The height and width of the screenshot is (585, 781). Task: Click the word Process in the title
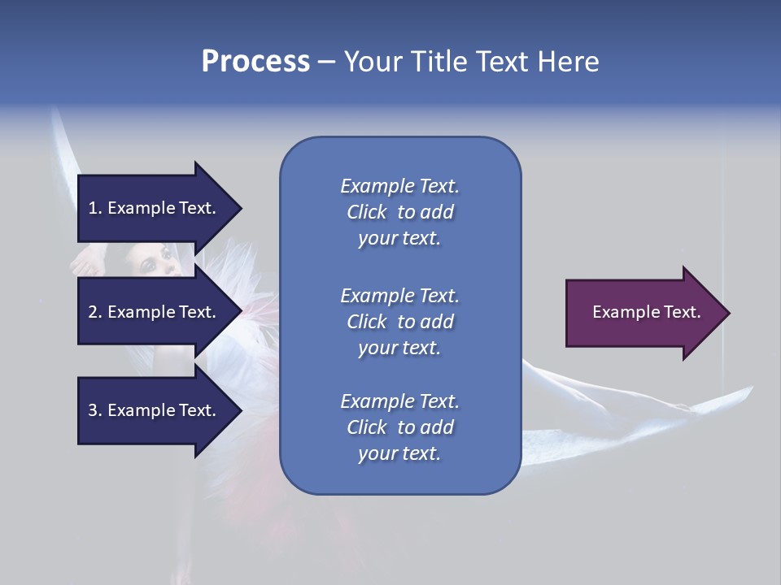pos(255,62)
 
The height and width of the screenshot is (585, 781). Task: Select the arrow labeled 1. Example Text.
pos(155,208)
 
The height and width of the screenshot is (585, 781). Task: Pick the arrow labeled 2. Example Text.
pos(155,312)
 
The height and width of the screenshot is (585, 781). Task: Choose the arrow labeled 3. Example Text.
pos(155,410)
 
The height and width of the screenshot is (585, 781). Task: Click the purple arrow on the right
pos(643,313)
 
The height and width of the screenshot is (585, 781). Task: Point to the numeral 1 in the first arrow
pos(93,208)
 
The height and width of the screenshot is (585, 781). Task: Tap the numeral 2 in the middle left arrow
pos(93,312)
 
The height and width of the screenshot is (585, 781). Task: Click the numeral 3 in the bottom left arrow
pos(93,410)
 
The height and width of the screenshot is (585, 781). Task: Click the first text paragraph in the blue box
pos(399,212)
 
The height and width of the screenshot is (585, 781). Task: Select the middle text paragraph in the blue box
pos(399,322)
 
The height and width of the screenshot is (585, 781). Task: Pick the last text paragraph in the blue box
pos(399,427)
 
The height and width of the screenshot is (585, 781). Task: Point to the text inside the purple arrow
pos(646,312)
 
